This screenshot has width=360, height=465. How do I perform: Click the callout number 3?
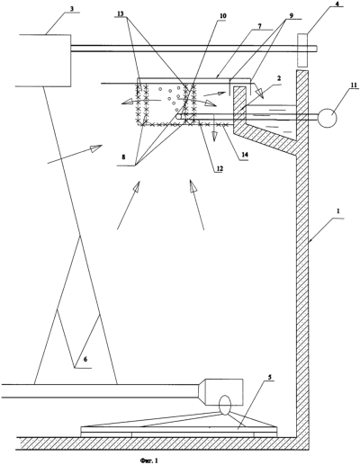click(x=71, y=8)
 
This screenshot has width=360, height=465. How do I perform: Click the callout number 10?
click(x=223, y=15)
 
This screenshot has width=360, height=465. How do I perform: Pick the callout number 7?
click(x=259, y=26)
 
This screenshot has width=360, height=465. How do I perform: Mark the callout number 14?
click(x=244, y=156)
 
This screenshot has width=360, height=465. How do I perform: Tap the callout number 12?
click(x=220, y=169)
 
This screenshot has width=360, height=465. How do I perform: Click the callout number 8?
click(x=122, y=156)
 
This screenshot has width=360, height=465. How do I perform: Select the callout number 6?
click(x=85, y=359)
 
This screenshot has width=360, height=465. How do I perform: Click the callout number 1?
click(x=338, y=210)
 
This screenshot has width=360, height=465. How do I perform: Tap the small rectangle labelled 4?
click(x=302, y=49)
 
